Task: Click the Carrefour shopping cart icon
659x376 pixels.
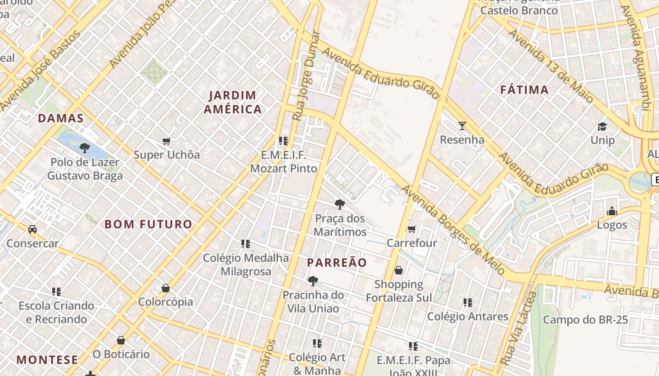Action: click(411, 229)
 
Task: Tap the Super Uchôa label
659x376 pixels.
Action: click(167, 155)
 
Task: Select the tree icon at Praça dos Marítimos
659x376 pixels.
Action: click(339, 204)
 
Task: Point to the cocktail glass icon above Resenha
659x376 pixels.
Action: click(462, 125)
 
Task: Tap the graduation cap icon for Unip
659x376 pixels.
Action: click(602, 126)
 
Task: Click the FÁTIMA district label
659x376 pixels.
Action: click(524, 90)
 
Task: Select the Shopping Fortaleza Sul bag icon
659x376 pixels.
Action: click(399, 270)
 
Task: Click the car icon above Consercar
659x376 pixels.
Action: click(32, 229)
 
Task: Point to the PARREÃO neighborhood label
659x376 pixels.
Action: click(337, 263)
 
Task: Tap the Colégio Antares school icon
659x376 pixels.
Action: click(467, 302)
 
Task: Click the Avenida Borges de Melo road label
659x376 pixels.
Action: click(453, 230)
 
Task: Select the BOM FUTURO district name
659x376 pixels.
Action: click(148, 224)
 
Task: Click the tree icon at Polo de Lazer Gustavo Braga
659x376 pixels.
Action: click(85, 148)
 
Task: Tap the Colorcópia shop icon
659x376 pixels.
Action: click(165, 288)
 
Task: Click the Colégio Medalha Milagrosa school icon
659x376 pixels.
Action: click(245, 243)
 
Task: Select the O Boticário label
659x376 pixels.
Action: click(121, 354)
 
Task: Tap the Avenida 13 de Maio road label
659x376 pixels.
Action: click(550, 66)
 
